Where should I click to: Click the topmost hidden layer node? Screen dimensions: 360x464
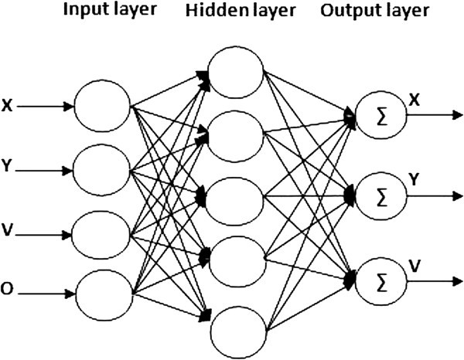pos(237,73)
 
